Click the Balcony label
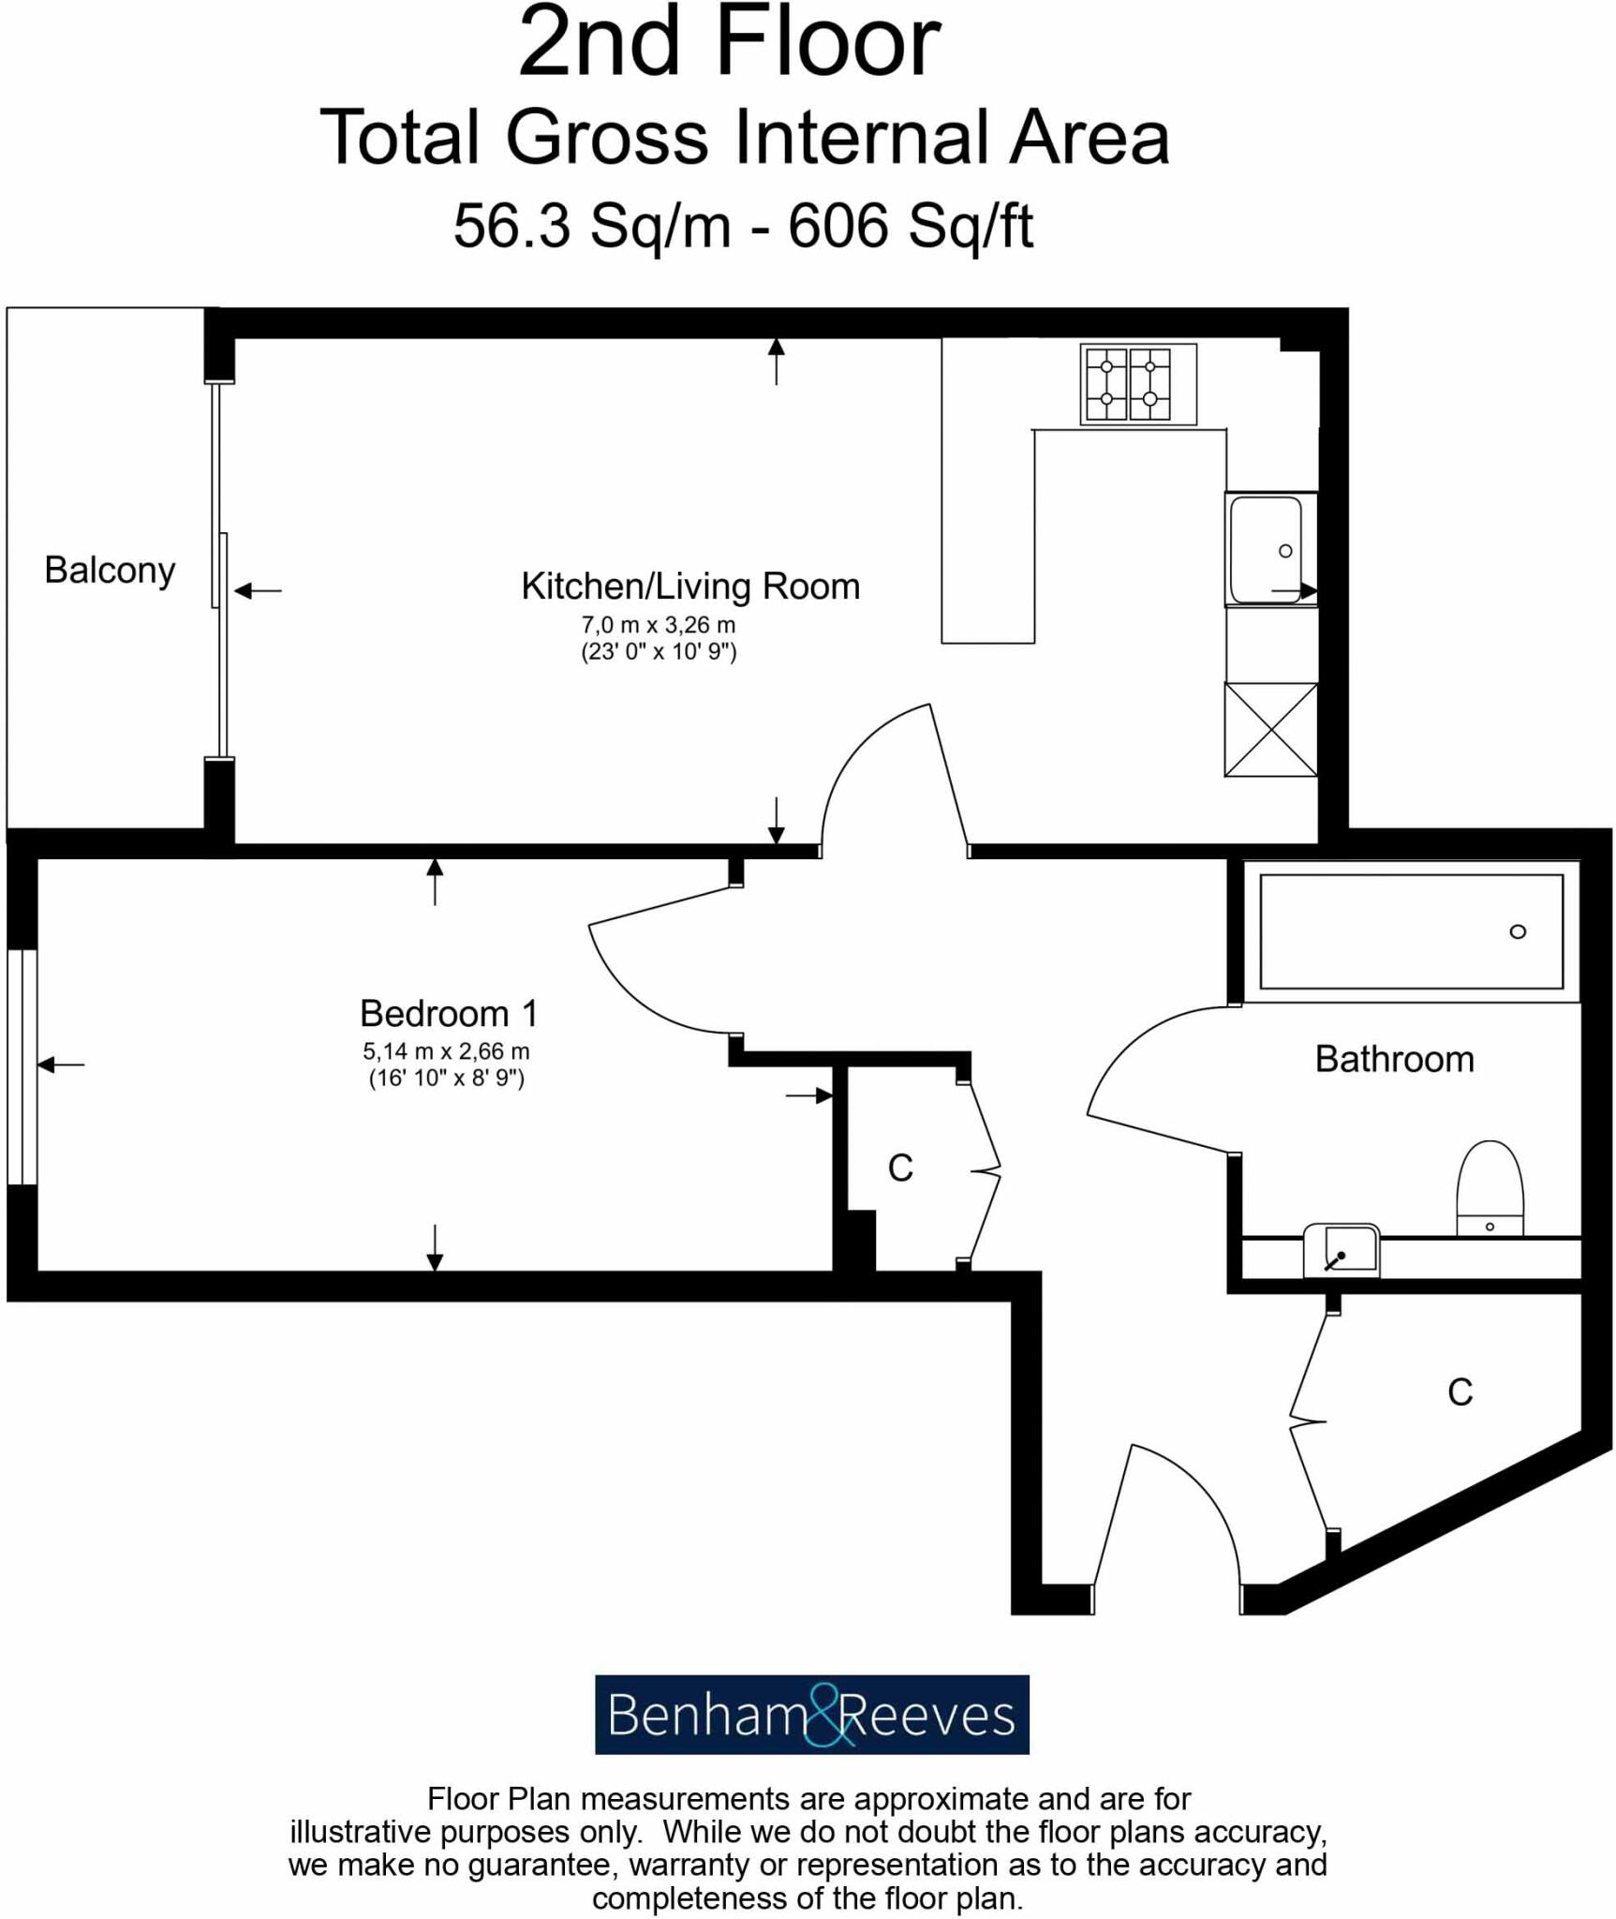[x=110, y=571]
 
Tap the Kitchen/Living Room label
[x=690, y=587]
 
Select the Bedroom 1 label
[x=449, y=1014]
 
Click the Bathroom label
[x=1394, y=1060]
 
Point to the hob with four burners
[x=1137, y=385]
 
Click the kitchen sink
[x=1268, y=550]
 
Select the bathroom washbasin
[x=1341, y=1251]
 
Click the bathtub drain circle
[x=1518, y=931]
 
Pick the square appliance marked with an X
[x=1270, y=730]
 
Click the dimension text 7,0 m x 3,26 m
[x=658, y=625]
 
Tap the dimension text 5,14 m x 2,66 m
[x=446, y=1051]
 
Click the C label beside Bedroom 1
[x=900, y=1168]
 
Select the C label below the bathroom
[x=1460, y=1392]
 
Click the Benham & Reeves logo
[x=811, y=1715]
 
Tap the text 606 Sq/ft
[x=910, y=226]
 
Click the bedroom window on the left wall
[x=22, y=1068]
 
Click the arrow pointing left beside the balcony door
[x=258, y=590]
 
